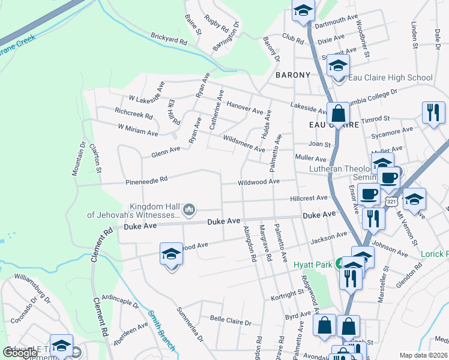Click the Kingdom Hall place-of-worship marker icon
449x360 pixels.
189,209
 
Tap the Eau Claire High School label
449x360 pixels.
390,77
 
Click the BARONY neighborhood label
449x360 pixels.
293,75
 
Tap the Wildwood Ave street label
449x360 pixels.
259,181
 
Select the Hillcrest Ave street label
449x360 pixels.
309,197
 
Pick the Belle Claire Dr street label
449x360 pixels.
230,322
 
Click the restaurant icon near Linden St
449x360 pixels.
432,112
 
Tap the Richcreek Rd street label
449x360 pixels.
133,112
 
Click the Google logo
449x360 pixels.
20,353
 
